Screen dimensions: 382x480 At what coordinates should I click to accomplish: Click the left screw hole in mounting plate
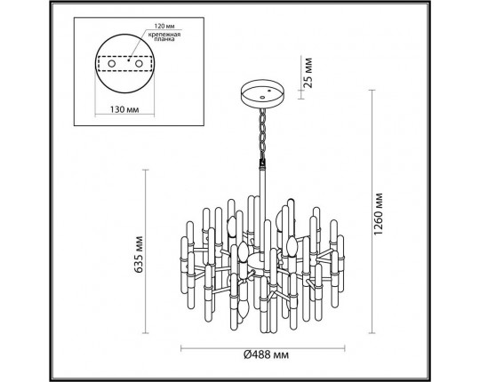125,65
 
